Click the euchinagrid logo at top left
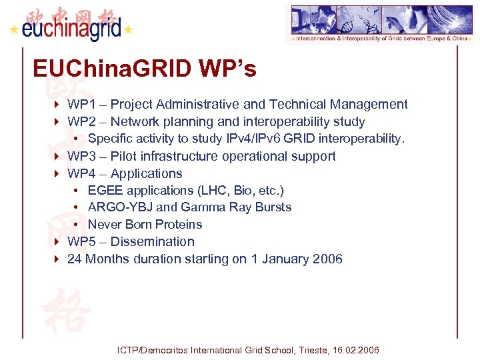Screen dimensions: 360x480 tap(71, 25)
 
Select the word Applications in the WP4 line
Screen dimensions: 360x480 tap(146, 174)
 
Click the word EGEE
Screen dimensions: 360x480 tap(105, 191)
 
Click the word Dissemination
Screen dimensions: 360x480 tap(153, 242)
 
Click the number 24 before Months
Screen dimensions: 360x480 tap(75, 259)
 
